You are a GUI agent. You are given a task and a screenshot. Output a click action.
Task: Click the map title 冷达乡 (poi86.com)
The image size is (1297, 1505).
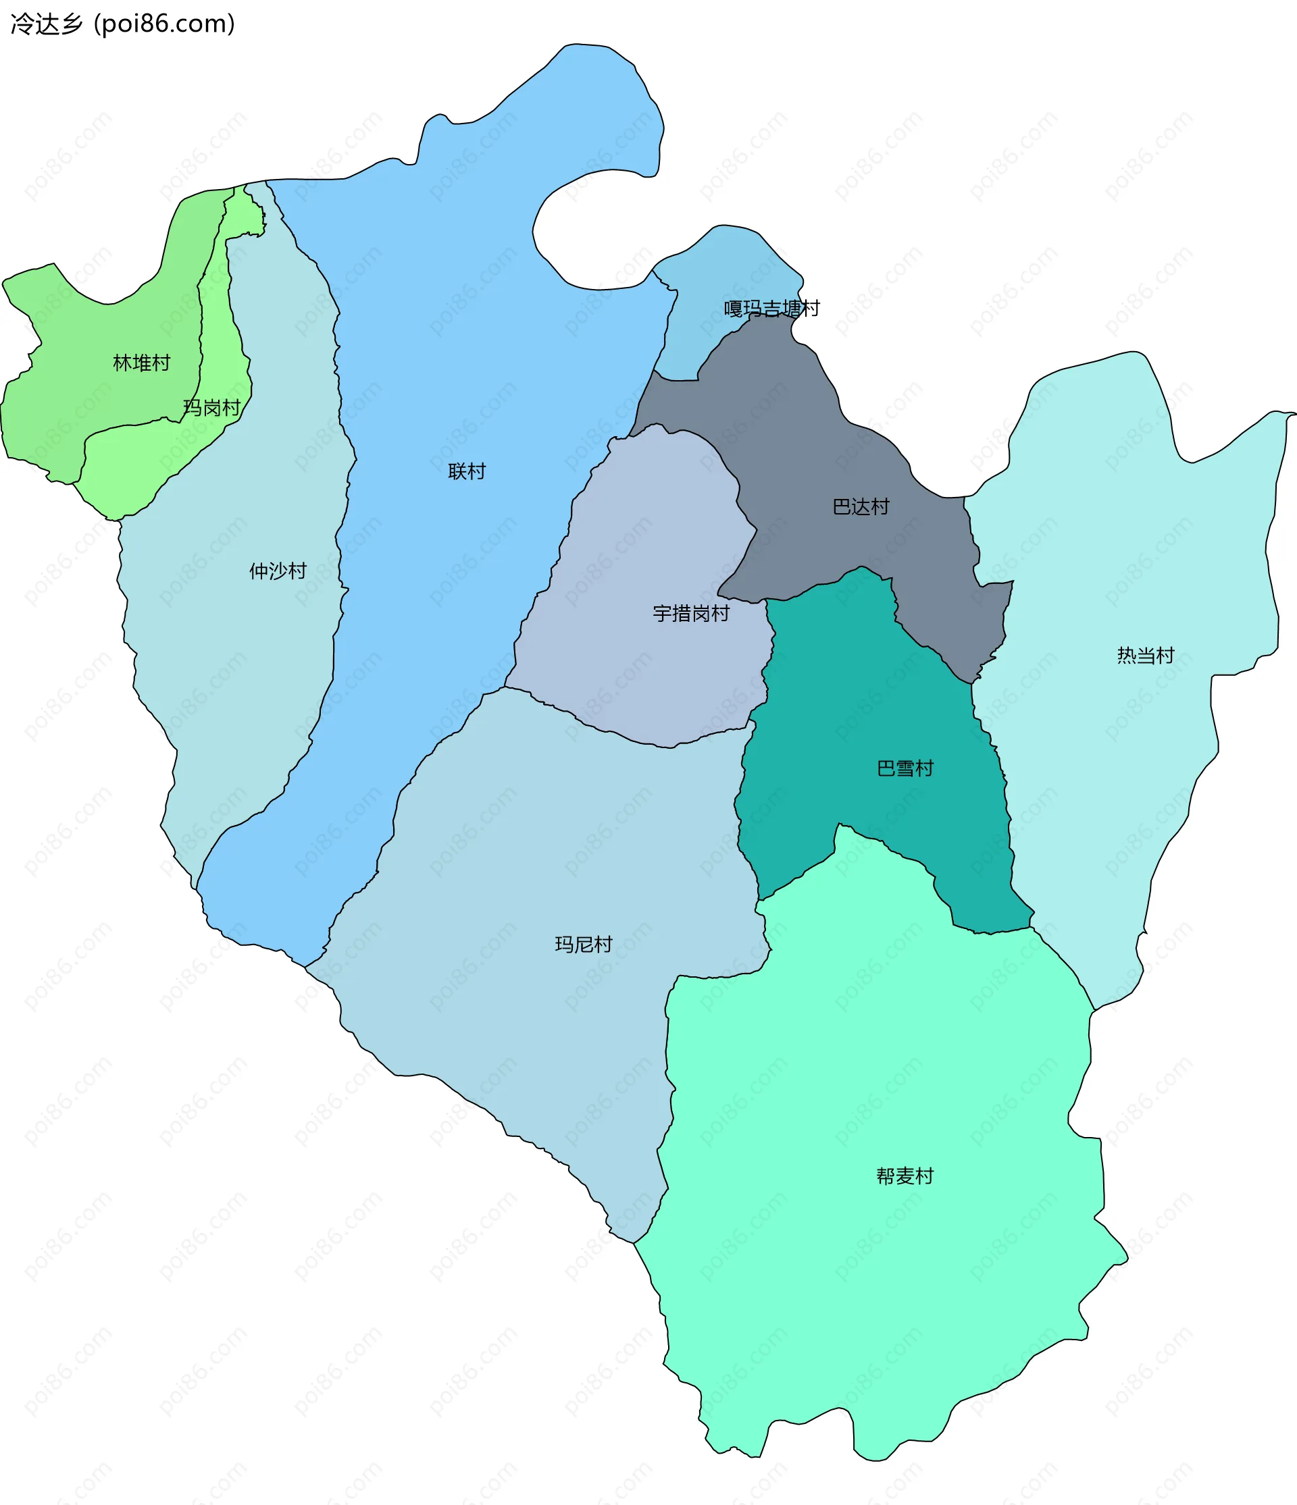(123, 24)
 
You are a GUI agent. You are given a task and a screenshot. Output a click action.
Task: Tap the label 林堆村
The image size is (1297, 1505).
(142, 363)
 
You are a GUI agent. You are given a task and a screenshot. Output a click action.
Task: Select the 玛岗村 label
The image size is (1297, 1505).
(211, 408)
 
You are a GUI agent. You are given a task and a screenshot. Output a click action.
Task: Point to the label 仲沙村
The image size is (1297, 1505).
(278, 571)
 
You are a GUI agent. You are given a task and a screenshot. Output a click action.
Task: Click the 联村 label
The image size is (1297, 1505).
(467, 471)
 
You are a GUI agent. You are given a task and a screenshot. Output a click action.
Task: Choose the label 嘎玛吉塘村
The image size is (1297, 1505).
(771, 309)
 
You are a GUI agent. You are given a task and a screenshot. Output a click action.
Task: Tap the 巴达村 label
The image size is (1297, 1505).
(861, 506)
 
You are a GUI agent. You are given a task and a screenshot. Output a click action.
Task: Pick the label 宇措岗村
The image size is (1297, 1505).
(690, 614)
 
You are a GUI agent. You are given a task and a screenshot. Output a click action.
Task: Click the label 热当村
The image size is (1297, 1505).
(1146, 655)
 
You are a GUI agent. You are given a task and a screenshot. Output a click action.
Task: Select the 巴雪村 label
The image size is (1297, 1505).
(905, 768)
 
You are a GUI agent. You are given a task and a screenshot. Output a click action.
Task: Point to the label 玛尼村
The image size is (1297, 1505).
(584, 945)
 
